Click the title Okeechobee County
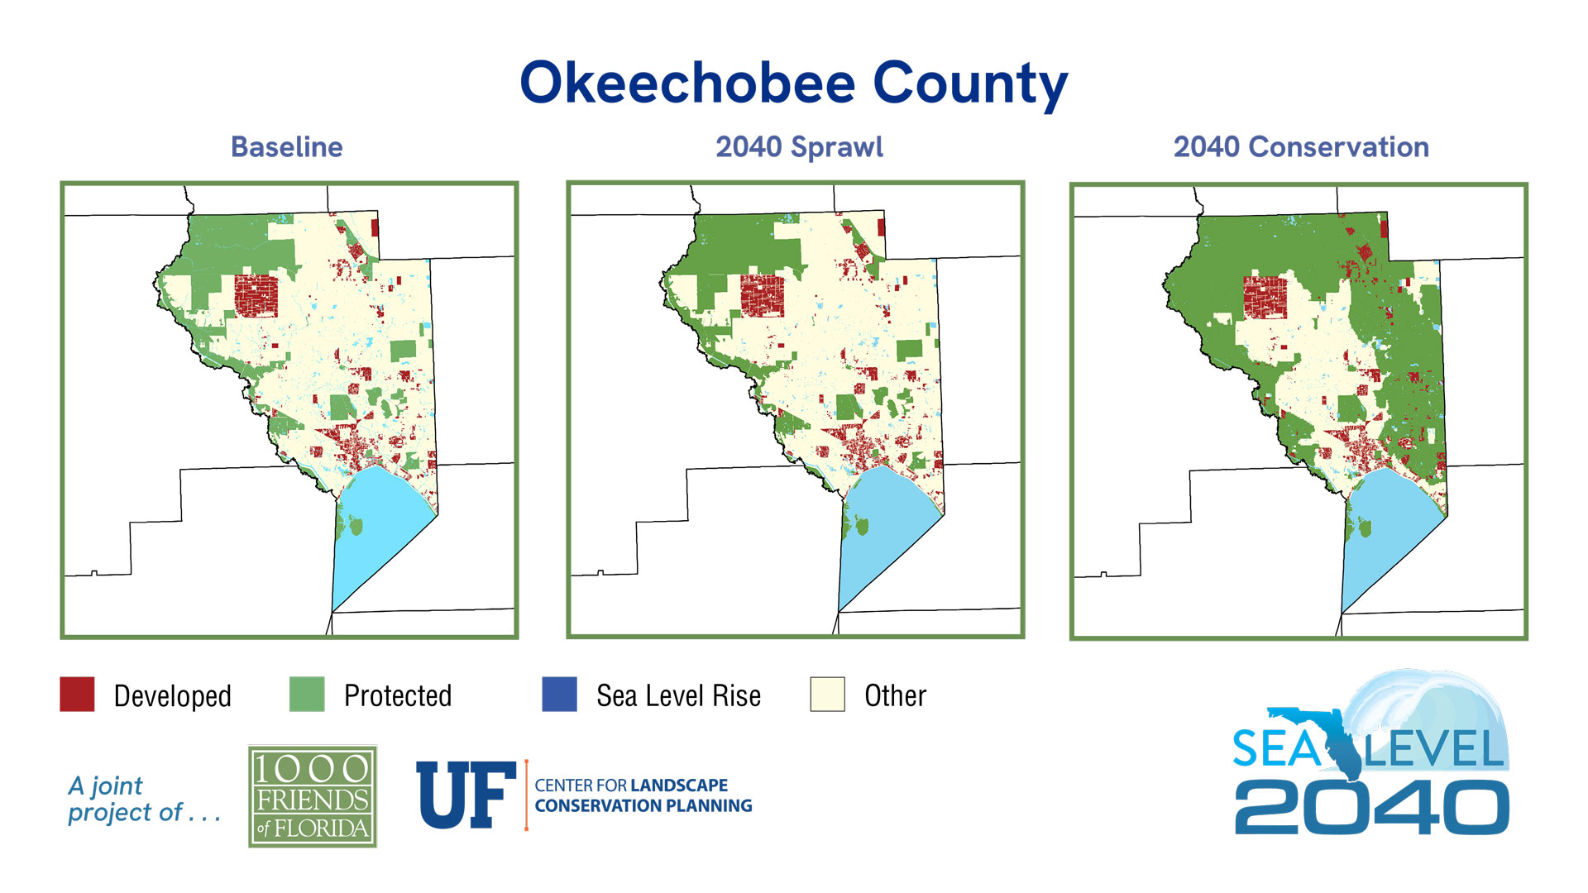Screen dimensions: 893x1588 click(x=793, y=84)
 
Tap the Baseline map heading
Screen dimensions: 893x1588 click(x=286, y=147)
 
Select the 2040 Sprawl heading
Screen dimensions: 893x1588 click(x=799, y=147)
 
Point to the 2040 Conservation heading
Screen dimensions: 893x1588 click(x=1301, y=147)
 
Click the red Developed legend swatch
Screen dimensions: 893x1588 click(x=77, y=695)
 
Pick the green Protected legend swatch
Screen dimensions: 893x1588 click(x=307, y=695)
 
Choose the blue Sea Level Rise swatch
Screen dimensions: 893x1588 click(x=559, y=695)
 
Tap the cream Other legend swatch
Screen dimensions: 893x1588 click(x=827, y=695)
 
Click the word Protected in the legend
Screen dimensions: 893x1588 click(x=398, y=696)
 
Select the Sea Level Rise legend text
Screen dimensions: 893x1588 click(x=678, y=696)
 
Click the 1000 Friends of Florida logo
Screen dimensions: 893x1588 click(x=313, y=796)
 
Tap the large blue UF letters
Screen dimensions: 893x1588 click(x=466, y=795)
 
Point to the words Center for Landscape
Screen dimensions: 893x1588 click(x=631, y=786)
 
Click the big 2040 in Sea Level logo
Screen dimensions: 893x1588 click(x=1371, y=809)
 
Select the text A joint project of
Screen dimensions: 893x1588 click(x=142, y=799)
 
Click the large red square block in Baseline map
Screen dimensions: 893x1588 click(x=256, y=295)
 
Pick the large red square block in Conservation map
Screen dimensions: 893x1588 click(x=1265, y=298)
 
